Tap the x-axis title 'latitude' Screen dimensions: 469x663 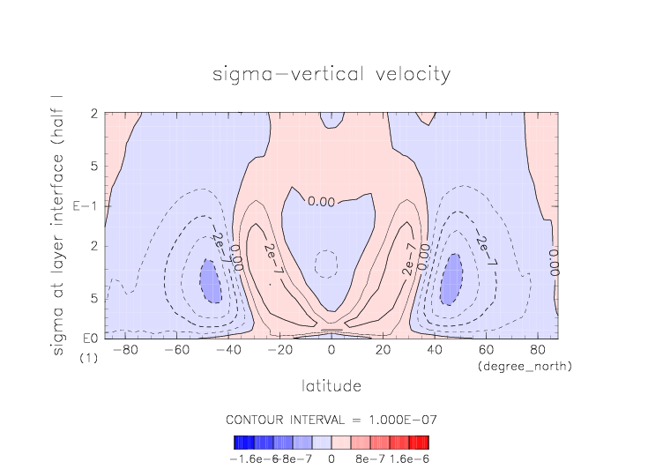coord(331,385)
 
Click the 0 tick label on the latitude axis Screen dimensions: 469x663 coord(331,351)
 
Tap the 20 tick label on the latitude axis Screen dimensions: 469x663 coord(383,351)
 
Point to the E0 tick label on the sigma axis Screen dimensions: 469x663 coord(89,339)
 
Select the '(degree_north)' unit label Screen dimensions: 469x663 coord(524,365)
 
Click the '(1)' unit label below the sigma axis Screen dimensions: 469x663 coord(88,358)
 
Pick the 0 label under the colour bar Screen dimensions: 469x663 coord(331,458)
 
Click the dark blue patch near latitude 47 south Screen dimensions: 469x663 coord(210,282)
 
